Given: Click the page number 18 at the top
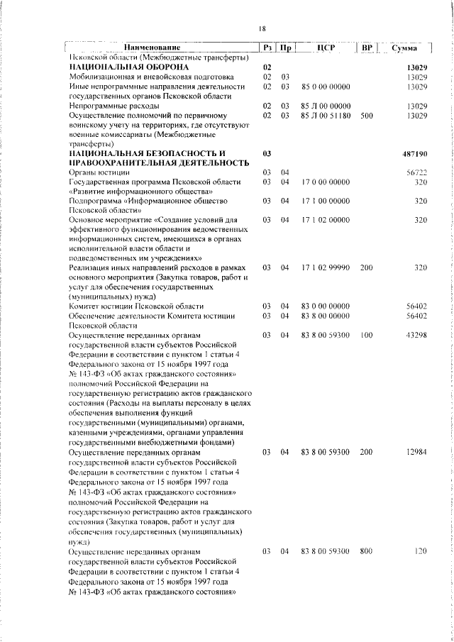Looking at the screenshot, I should [x=262, y=28].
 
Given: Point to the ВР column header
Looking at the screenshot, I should [x=367, y=48].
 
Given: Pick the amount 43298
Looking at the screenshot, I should [x=415, y=334].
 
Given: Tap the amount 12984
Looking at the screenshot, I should [x=415, y=451].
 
